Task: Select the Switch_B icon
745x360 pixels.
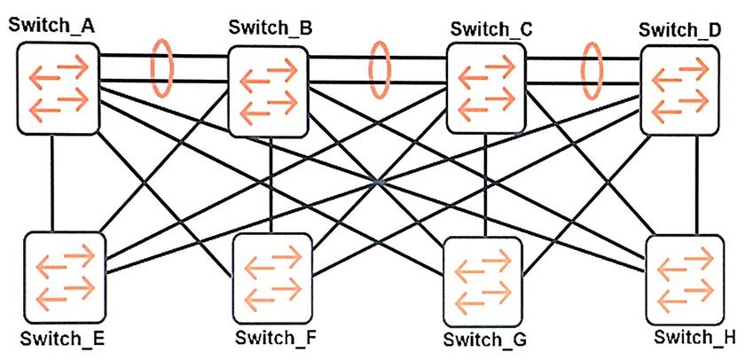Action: click(267, 90)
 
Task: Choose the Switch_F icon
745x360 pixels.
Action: click(272, 278)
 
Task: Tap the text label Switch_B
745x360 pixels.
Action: click(270, 27)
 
